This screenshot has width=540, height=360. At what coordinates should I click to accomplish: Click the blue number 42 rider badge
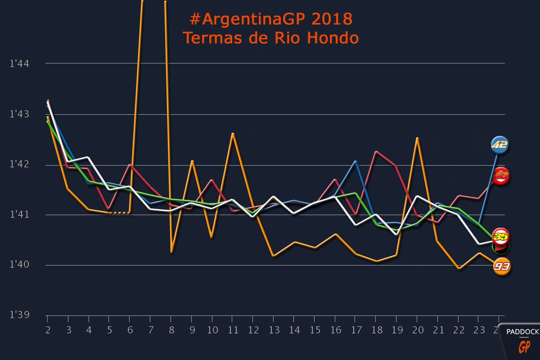499,145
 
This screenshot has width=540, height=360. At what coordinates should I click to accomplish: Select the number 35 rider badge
500,236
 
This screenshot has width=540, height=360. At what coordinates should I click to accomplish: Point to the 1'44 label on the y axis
19,64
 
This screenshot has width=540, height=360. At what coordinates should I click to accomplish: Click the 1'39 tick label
19,315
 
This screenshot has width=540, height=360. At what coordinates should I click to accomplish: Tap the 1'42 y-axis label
19,165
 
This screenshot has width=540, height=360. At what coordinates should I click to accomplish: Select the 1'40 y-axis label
19,265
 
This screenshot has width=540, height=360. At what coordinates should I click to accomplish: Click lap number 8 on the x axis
171,330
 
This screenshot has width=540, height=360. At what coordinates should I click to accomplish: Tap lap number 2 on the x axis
47,330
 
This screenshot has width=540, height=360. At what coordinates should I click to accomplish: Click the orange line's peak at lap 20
418,138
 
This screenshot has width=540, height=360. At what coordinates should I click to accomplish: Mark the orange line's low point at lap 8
171,252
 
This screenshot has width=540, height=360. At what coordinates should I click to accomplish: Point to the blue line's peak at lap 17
356,161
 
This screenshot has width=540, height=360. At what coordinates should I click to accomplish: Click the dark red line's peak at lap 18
376,152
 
